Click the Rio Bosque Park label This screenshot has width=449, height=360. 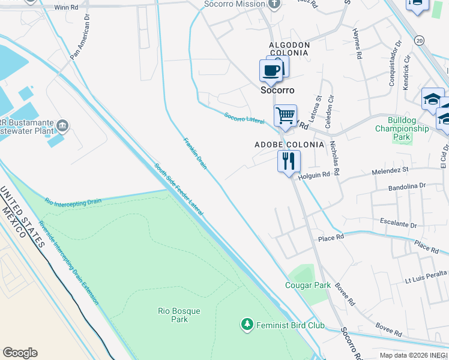178,315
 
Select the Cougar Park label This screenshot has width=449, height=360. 308,285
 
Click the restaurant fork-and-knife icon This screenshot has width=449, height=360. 289,161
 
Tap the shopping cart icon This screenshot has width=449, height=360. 285,115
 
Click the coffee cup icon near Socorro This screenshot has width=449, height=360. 271,71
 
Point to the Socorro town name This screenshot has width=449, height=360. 277,90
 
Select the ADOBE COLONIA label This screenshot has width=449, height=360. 289,145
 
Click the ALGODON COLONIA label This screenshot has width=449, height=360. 289,49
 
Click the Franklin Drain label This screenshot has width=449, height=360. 194,153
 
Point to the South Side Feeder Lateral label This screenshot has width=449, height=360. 178,190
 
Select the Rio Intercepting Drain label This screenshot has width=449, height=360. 73,201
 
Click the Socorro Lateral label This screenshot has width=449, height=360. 244,118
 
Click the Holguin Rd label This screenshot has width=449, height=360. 315,175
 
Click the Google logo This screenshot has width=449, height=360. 20,352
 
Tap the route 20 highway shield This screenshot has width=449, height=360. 419,40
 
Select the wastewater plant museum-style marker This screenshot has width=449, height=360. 63,126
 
